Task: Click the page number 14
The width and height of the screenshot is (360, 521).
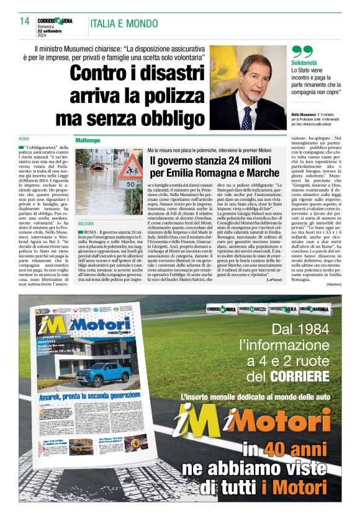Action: [x=24, y=22]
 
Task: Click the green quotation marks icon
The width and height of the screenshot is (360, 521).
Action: [x=302, y=53]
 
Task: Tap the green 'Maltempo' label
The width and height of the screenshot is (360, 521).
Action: [x=88, y=140]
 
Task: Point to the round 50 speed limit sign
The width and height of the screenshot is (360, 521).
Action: [x=131, y=184]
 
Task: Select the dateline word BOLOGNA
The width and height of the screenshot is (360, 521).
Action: [x=86, y=223]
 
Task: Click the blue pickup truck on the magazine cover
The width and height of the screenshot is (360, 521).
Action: [x=103, y=373]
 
